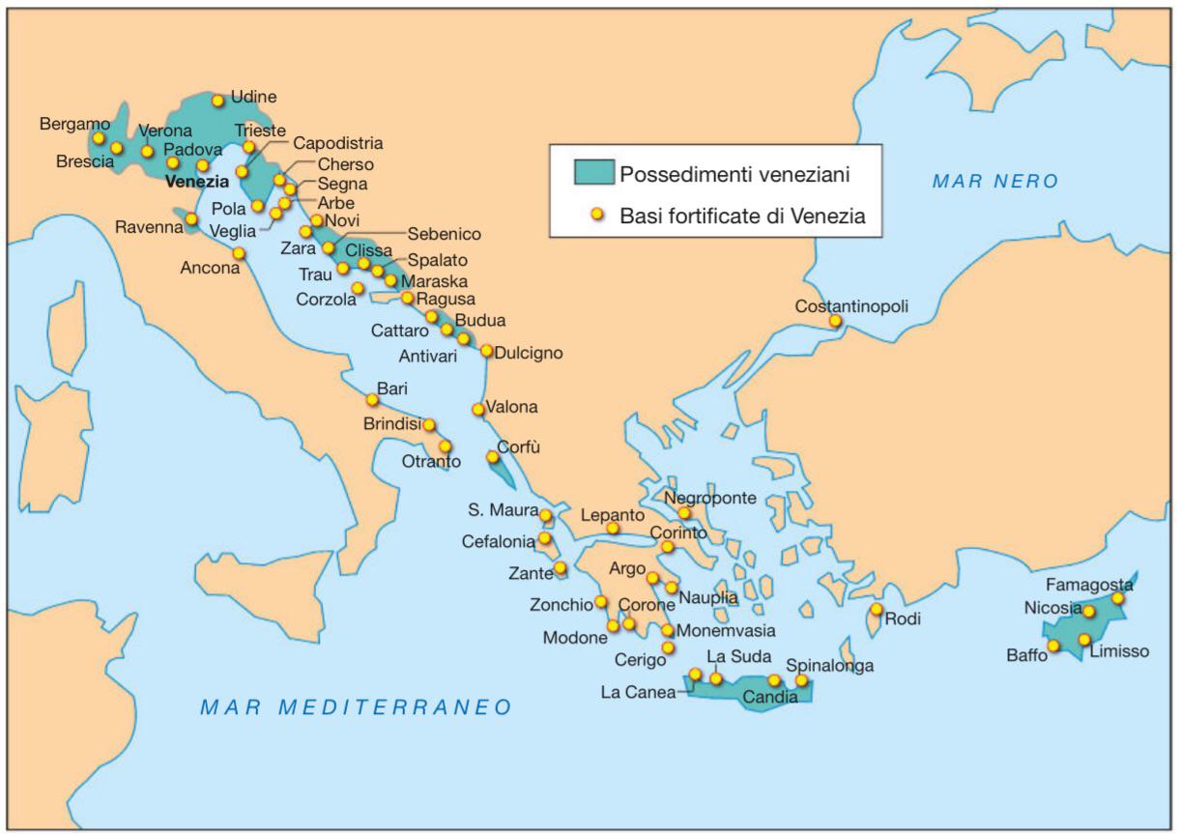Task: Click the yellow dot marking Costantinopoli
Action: point(835,321)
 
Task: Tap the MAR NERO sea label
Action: point(995,182)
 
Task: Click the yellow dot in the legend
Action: point(596,215)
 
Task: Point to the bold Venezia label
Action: point(197,181)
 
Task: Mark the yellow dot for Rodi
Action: point(876,609)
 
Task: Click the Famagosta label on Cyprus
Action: point(1089,585)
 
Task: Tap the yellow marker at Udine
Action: point(218,101)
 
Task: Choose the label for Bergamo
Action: point(75,124)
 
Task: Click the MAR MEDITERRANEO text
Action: point(356,707)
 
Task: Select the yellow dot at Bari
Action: point(372,400)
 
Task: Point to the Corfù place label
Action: point(518,448)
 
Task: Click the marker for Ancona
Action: point(239,253)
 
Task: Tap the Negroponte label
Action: point(710,498)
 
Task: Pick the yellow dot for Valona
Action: point(478,410)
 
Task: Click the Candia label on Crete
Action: point(769,697)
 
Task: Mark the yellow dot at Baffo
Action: point(1053,646)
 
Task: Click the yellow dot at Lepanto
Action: point(613,529)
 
